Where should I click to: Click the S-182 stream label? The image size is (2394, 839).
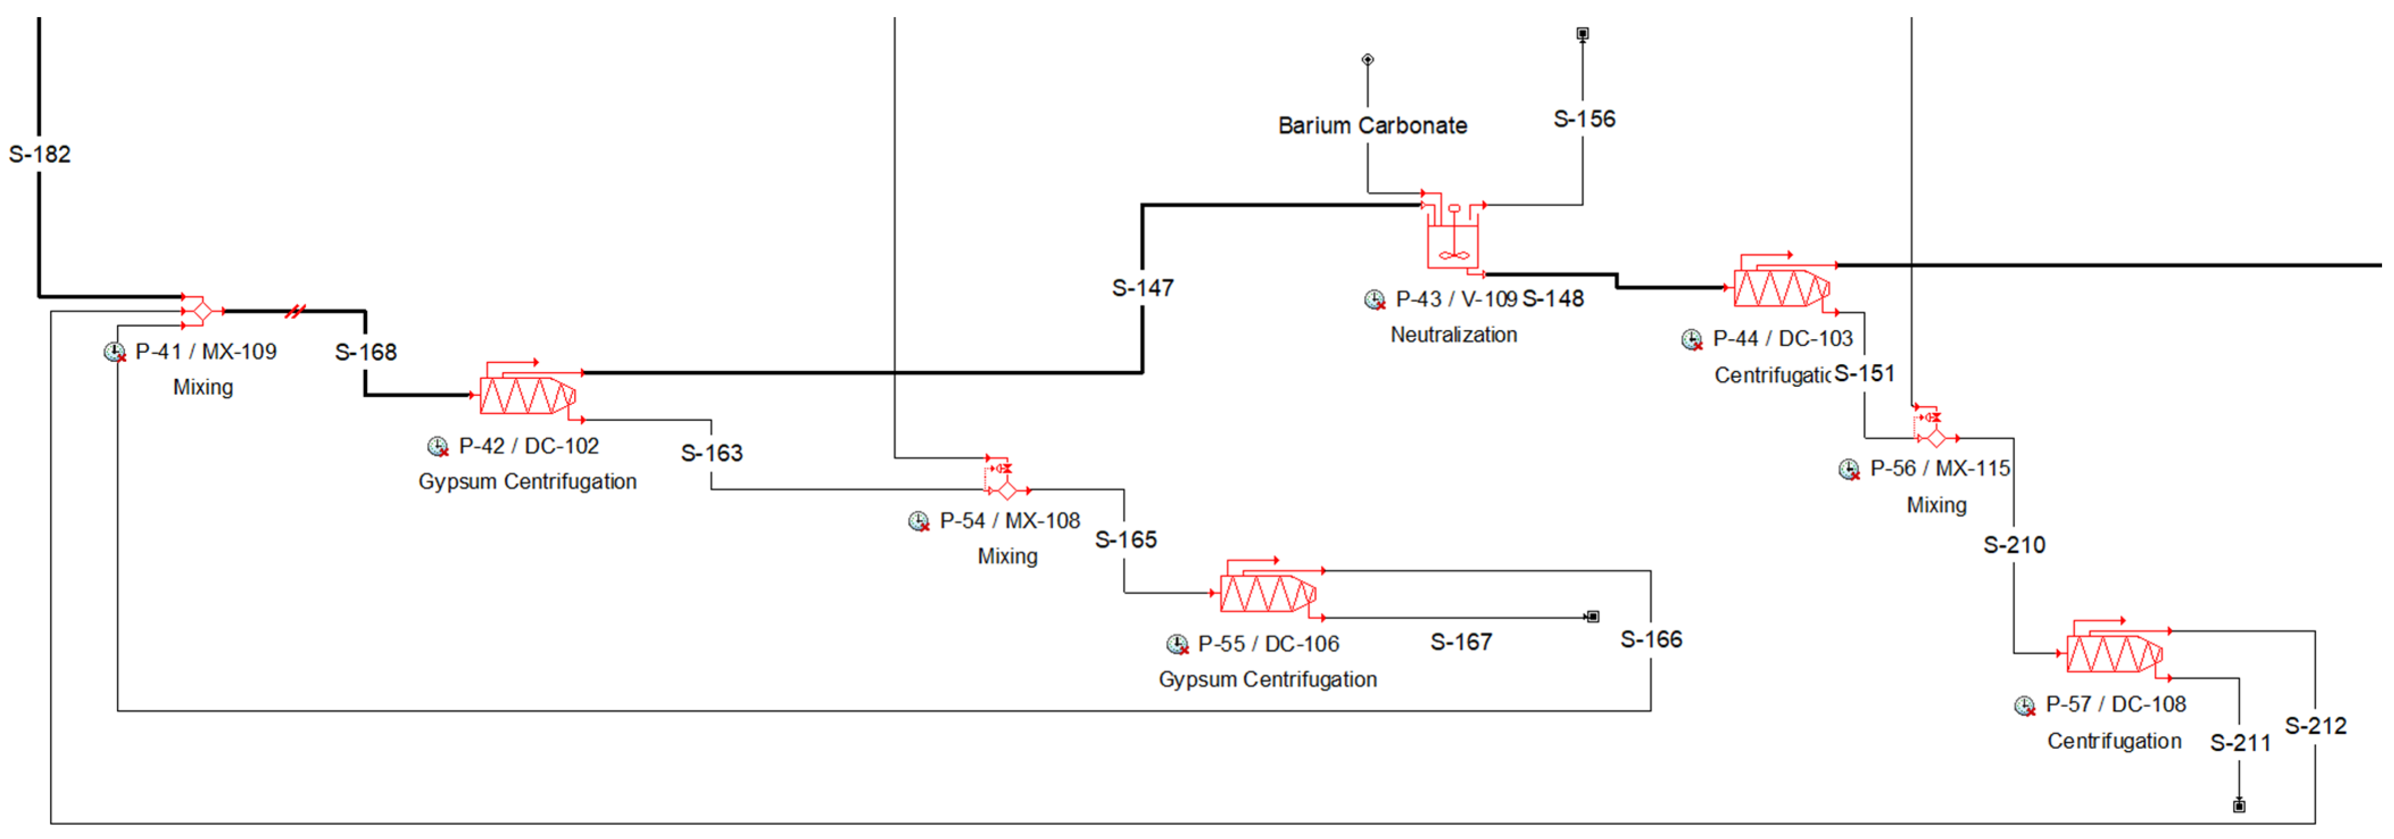tap(40, 155)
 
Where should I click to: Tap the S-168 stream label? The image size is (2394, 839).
tap(365, 352)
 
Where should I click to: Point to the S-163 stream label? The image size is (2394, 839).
tap(711, 453)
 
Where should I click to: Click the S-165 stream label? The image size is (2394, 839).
tap(1125, 540)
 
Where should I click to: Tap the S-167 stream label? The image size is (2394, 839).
tap(1461, 642)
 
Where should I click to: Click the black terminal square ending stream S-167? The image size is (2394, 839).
tap(1592, 617)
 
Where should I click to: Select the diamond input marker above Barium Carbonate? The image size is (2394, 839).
tap(1367, 60)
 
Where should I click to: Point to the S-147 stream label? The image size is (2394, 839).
tap(1142, 288)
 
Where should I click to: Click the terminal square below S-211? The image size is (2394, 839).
tap(2239, 805)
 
